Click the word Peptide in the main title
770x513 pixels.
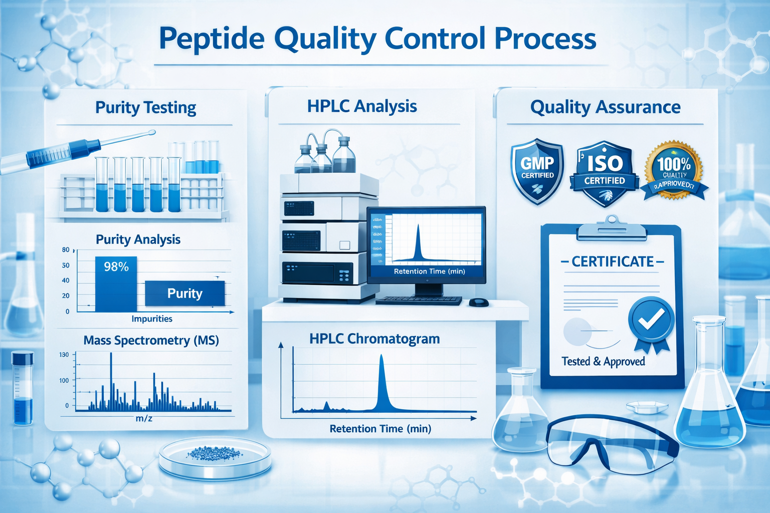pos(212,39)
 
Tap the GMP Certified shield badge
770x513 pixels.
pos(537,170)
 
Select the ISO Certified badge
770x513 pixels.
pos(605,173)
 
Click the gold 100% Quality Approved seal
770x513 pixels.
pos(674,170)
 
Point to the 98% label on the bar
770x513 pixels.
pos(116,267)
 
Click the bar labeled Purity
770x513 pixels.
pos(184,294)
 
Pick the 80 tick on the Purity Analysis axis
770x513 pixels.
pos(66,249)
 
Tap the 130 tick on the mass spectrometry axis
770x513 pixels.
pos(64,355)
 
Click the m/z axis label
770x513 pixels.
pos(144,418)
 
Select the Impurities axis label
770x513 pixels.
pos(152,319)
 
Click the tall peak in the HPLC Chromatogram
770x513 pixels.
pos(382,381)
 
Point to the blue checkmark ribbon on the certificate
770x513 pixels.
pos(651,321)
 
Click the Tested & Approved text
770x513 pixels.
pos(603,362)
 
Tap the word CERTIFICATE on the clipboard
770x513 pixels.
pos(613,262)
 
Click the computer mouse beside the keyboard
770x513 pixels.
pos(479,303)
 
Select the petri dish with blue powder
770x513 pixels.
pos(215,457)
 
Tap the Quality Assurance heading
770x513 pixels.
pos(605,107)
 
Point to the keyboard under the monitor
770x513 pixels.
pos(419,301)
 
